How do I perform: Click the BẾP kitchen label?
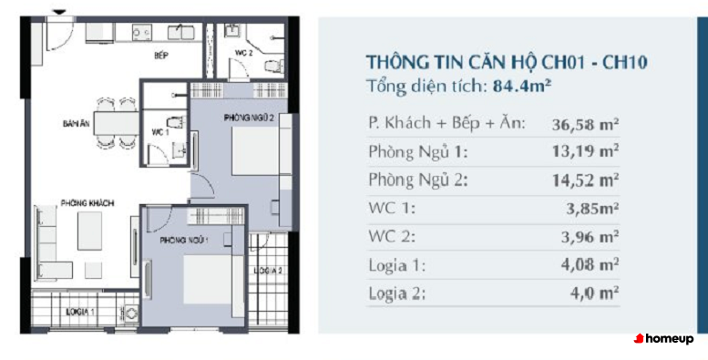160,56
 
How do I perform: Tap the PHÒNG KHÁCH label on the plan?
87,203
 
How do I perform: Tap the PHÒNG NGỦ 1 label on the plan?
184,241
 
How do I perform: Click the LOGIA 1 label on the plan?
80,311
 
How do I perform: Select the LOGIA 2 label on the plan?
268,271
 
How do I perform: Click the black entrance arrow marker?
59,13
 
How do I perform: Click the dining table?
117,123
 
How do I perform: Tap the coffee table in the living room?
89,231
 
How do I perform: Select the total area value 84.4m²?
520,86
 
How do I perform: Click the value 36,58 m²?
585,124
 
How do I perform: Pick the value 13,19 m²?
585,152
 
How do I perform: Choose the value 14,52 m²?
585,180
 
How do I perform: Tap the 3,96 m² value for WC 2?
590,237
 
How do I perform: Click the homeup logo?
663,338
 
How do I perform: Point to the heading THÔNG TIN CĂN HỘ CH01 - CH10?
506,62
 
